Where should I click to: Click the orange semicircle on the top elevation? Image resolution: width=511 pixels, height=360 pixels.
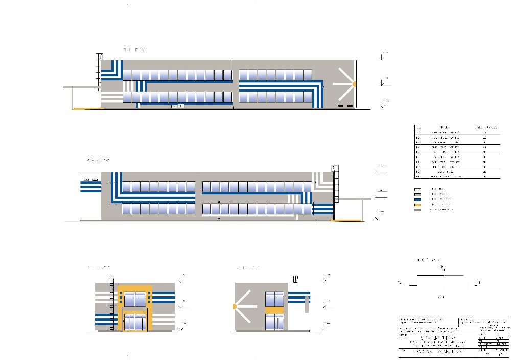pos(354,83)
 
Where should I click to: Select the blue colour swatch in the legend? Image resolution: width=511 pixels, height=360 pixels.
pos(419,199)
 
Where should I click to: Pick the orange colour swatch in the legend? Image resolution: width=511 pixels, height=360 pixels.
pos(419,205)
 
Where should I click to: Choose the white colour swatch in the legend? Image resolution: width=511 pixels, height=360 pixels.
pos(419,189)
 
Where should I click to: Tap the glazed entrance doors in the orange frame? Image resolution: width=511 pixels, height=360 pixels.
pos(134,322)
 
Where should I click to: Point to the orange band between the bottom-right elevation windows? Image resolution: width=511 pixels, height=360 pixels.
pos(274,309)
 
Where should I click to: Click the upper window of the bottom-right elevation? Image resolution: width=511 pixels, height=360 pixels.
pos(274,299)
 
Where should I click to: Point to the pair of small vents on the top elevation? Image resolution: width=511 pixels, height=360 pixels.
pos(345,105)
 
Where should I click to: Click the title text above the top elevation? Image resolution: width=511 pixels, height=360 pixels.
pos(134,50)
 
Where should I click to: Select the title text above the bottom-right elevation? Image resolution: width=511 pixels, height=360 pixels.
pos(248,267)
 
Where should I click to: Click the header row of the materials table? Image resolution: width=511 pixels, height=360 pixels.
pos(456,126)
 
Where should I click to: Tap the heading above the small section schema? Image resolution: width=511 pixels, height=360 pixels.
pos(425,260)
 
